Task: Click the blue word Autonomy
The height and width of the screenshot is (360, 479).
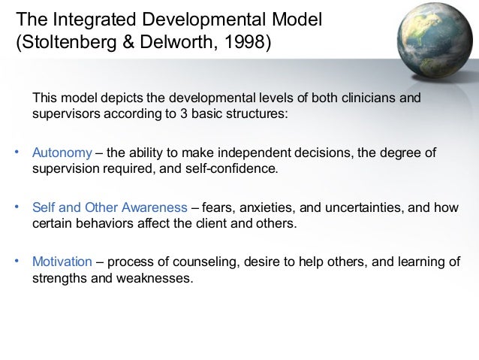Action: point(61,154)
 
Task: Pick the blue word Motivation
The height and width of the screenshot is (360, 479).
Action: point(62,262)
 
